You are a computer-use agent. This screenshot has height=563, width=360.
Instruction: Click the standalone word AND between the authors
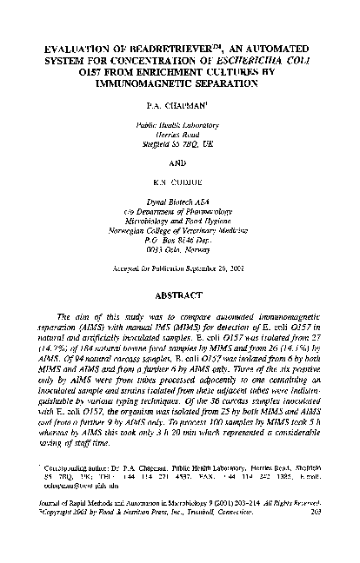179,165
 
